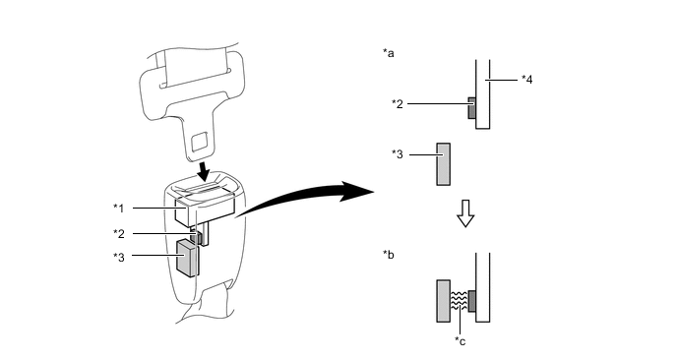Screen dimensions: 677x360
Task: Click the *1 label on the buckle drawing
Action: (x=119, y=209)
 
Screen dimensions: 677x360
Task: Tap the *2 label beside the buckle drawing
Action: (x=119, y=234)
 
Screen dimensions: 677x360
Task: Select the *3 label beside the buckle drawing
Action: (x=119, y=257)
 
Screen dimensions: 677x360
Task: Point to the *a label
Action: (x=388, y=53)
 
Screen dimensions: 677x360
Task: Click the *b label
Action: (x=388, y=255)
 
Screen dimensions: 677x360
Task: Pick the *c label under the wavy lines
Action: (x=461, y=341)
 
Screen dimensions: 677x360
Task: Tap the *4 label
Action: (x=526, y=80)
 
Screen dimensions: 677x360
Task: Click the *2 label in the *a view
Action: (x=398, y=104)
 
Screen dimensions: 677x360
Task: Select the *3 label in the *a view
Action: (x=398, y=154)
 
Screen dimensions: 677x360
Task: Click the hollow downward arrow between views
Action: (x=465, y=213)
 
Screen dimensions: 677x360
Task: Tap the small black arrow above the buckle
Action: (x=202, y=170)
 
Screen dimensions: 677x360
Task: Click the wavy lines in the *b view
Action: (x=459, y=301)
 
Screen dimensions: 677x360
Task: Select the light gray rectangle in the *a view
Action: (x=444, y=164)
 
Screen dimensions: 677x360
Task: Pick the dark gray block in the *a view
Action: (x=472, y=108)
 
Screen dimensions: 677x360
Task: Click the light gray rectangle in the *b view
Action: (x=444, y=301)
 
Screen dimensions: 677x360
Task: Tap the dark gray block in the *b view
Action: (x=472, y=301)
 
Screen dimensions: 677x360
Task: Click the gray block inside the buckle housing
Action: (x=187, y=258)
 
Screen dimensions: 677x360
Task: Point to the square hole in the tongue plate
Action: (x=200, y=142)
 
